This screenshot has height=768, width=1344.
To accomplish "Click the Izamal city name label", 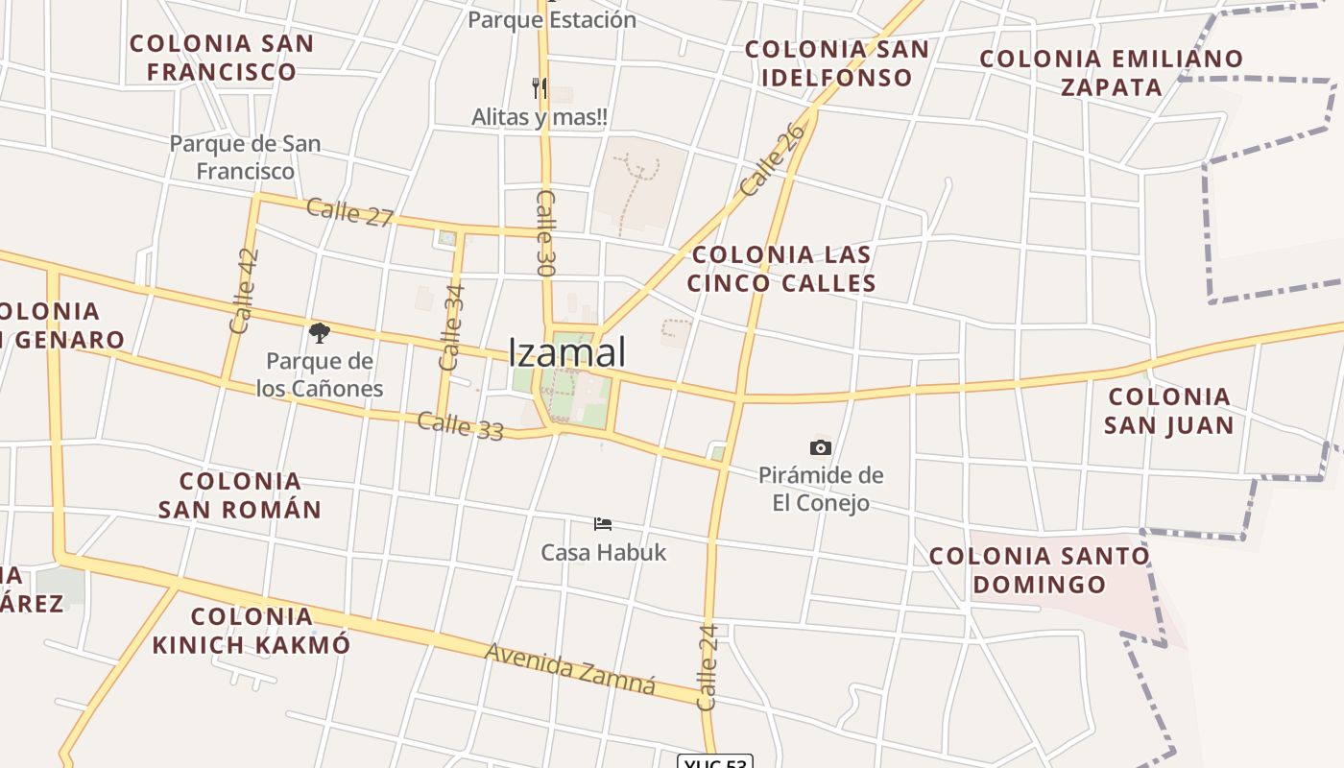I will coord(566,351).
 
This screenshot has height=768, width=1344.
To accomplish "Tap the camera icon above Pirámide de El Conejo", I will coord(820,447).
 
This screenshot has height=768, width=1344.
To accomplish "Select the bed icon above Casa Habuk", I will coord(603,523).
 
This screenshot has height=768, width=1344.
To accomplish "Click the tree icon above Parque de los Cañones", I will coord(320,333).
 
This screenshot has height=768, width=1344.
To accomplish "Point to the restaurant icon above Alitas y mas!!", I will coord(540,88).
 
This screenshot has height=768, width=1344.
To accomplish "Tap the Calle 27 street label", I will coord(349,212).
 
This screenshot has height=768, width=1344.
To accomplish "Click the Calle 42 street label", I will coord(246,290).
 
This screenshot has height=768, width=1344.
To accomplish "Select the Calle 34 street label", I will coord(451,326).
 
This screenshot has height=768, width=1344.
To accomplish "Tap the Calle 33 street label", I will coord(460,425).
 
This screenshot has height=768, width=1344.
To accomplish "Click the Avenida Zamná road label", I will coord(570,668).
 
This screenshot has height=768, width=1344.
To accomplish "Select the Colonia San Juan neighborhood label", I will coord(1168,410).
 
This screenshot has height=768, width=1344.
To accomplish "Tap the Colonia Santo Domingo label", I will coord(1039,569).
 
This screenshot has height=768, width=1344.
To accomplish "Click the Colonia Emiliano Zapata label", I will coord(1111,72).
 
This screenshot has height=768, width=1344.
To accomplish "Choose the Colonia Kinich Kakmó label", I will coord(252,630).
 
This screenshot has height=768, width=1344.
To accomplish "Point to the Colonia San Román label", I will coord(240,494).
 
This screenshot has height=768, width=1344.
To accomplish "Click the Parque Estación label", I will coord(551,19).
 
